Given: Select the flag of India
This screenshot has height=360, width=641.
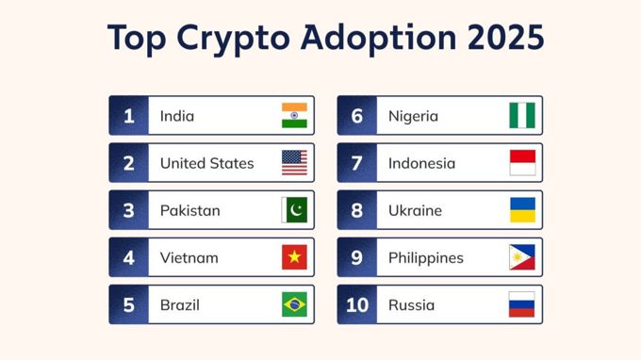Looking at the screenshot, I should [x=294, y=116].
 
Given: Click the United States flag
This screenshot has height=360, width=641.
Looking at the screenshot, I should [x=294, y=163].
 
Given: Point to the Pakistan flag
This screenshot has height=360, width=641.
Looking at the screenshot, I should [x=294, y=210].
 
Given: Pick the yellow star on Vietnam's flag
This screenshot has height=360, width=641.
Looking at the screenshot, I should [x=294, y=257].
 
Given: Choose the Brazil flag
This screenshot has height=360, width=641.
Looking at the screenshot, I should [x=294, y=304].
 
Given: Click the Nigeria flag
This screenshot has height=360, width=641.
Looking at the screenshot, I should [x=522, y=116].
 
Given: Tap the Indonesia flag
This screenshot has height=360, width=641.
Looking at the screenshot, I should [x=522, y=163].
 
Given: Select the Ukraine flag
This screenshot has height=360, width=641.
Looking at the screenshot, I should [x=522, y=210].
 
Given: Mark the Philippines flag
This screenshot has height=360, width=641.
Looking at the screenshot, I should [x=522, y=257].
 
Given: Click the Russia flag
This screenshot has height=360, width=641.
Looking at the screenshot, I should [x=522, y=304].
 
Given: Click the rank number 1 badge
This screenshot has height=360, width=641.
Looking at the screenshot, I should [x=129, y=116].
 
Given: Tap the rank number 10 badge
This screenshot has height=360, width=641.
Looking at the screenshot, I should [x=357, y=304].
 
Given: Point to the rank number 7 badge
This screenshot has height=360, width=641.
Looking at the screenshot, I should [x=357, y=163].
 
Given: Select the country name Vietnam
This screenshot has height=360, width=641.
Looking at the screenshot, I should [x=189, y=257].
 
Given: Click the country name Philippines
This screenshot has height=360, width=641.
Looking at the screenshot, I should [x=425, y=257].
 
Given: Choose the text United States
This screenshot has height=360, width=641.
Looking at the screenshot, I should [x=206, y=163].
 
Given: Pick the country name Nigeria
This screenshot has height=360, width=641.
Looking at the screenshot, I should [x=413, y=116].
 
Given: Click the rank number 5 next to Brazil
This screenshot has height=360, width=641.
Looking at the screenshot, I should [x=129, y=304].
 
